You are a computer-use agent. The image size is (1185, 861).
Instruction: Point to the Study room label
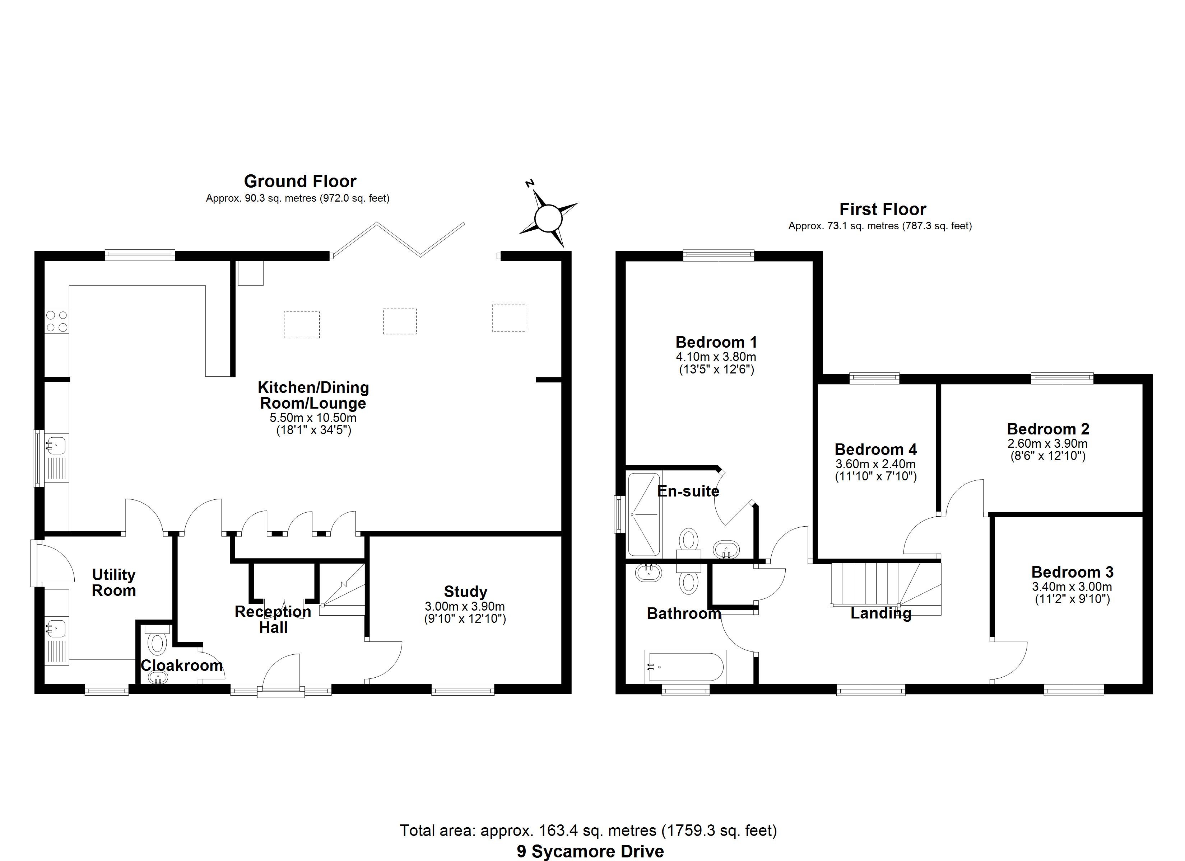(x=465, y=591)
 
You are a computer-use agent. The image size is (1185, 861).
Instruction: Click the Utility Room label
(x=114, y=582)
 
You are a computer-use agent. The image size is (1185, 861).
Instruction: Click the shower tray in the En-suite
(x=644, y=514)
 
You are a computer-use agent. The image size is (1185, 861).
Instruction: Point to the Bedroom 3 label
(x=1072, y=572)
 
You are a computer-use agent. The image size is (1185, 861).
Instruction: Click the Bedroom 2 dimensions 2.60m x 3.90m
(x=1047, y=443)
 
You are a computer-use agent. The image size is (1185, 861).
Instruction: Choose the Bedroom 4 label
(x=876, y=449)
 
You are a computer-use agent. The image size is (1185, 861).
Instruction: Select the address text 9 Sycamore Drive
(x=590, y=852)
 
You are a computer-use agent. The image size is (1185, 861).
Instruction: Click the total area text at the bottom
(x=588, y=830)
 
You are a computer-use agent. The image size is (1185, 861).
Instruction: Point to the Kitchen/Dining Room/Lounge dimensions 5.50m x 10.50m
(x=313, y=418)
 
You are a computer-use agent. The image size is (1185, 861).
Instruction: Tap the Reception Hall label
(x=273, y=619)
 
